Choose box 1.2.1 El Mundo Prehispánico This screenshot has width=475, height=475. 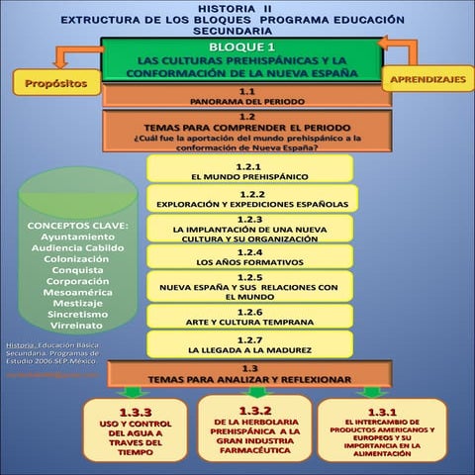tap(249, 171)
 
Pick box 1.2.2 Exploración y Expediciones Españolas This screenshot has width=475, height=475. tap(251, 199)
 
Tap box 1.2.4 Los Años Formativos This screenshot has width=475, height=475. tap(249, 257)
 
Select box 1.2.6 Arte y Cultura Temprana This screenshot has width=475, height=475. tap(249, 317)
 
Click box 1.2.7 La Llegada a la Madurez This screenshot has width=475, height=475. tap(249, 344)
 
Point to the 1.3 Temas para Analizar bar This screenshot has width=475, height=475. tap(249, 374)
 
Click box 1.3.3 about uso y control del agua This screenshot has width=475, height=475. tap(136, 430)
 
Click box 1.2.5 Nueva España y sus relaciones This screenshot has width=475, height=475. tap(249, 286)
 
